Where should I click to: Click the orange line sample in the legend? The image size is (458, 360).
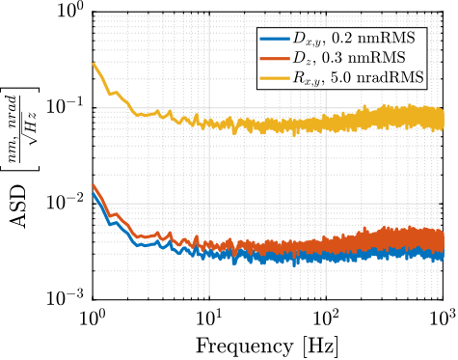[x=275, y=58]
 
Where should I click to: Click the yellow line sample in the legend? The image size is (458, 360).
[x=275, y=77]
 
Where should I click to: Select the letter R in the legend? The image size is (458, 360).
[x=299, y=77]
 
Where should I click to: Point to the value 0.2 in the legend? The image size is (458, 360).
[x=341, y=39]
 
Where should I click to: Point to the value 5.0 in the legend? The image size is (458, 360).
[x=343, y=77]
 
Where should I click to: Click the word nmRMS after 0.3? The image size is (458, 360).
[x=377, y=58]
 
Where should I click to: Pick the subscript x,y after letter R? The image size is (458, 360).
[x=312, y=81]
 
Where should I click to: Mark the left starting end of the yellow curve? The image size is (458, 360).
[x=93, y=64]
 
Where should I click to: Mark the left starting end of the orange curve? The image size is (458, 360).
[x=93, y=185]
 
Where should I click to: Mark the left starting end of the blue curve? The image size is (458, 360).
[x=93, y=192]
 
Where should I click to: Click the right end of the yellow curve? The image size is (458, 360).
[x=444, y=119]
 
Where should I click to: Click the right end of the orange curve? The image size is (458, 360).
[x=444, y=240]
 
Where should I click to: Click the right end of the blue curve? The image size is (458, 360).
[x=444, y=256]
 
